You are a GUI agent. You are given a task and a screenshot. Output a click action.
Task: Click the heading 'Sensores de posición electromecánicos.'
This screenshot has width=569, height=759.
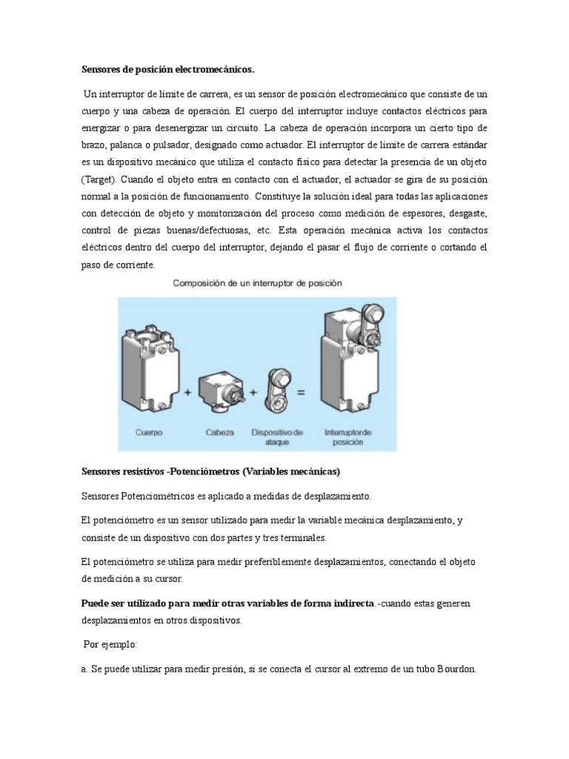pos(167,70)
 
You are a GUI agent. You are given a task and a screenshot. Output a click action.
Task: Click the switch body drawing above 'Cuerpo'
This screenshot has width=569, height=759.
pos(148,362)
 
